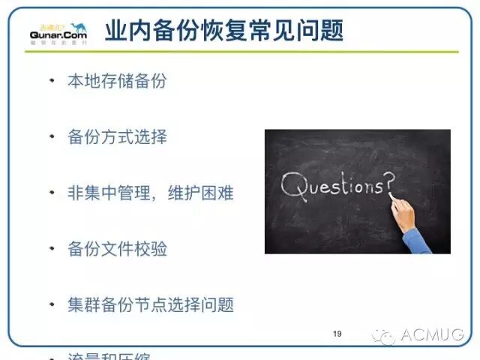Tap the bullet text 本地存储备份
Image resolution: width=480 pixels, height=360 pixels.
[x=117, y=81]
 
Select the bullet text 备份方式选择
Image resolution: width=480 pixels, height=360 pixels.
[x=117, y=137]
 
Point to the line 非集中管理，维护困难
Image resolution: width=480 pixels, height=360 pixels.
[x=151, y=193]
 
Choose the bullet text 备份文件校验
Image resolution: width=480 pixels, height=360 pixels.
[x=117, y=248]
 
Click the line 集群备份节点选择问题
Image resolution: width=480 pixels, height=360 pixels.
[x=151, y=304]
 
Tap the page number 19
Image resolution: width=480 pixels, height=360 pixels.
[x=337, y=334]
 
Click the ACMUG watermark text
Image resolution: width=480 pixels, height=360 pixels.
[x=433, y=334]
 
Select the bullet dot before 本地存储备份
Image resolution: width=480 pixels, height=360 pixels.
[x=52, y=79]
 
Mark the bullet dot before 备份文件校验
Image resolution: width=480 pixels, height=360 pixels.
[x=52, y=247]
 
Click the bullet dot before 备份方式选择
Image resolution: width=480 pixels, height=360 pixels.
[x=52, y=136]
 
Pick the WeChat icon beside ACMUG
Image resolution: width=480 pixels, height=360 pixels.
[x=385, y=334]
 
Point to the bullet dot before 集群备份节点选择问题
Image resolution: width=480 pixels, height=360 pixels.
[x=52, y=304]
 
